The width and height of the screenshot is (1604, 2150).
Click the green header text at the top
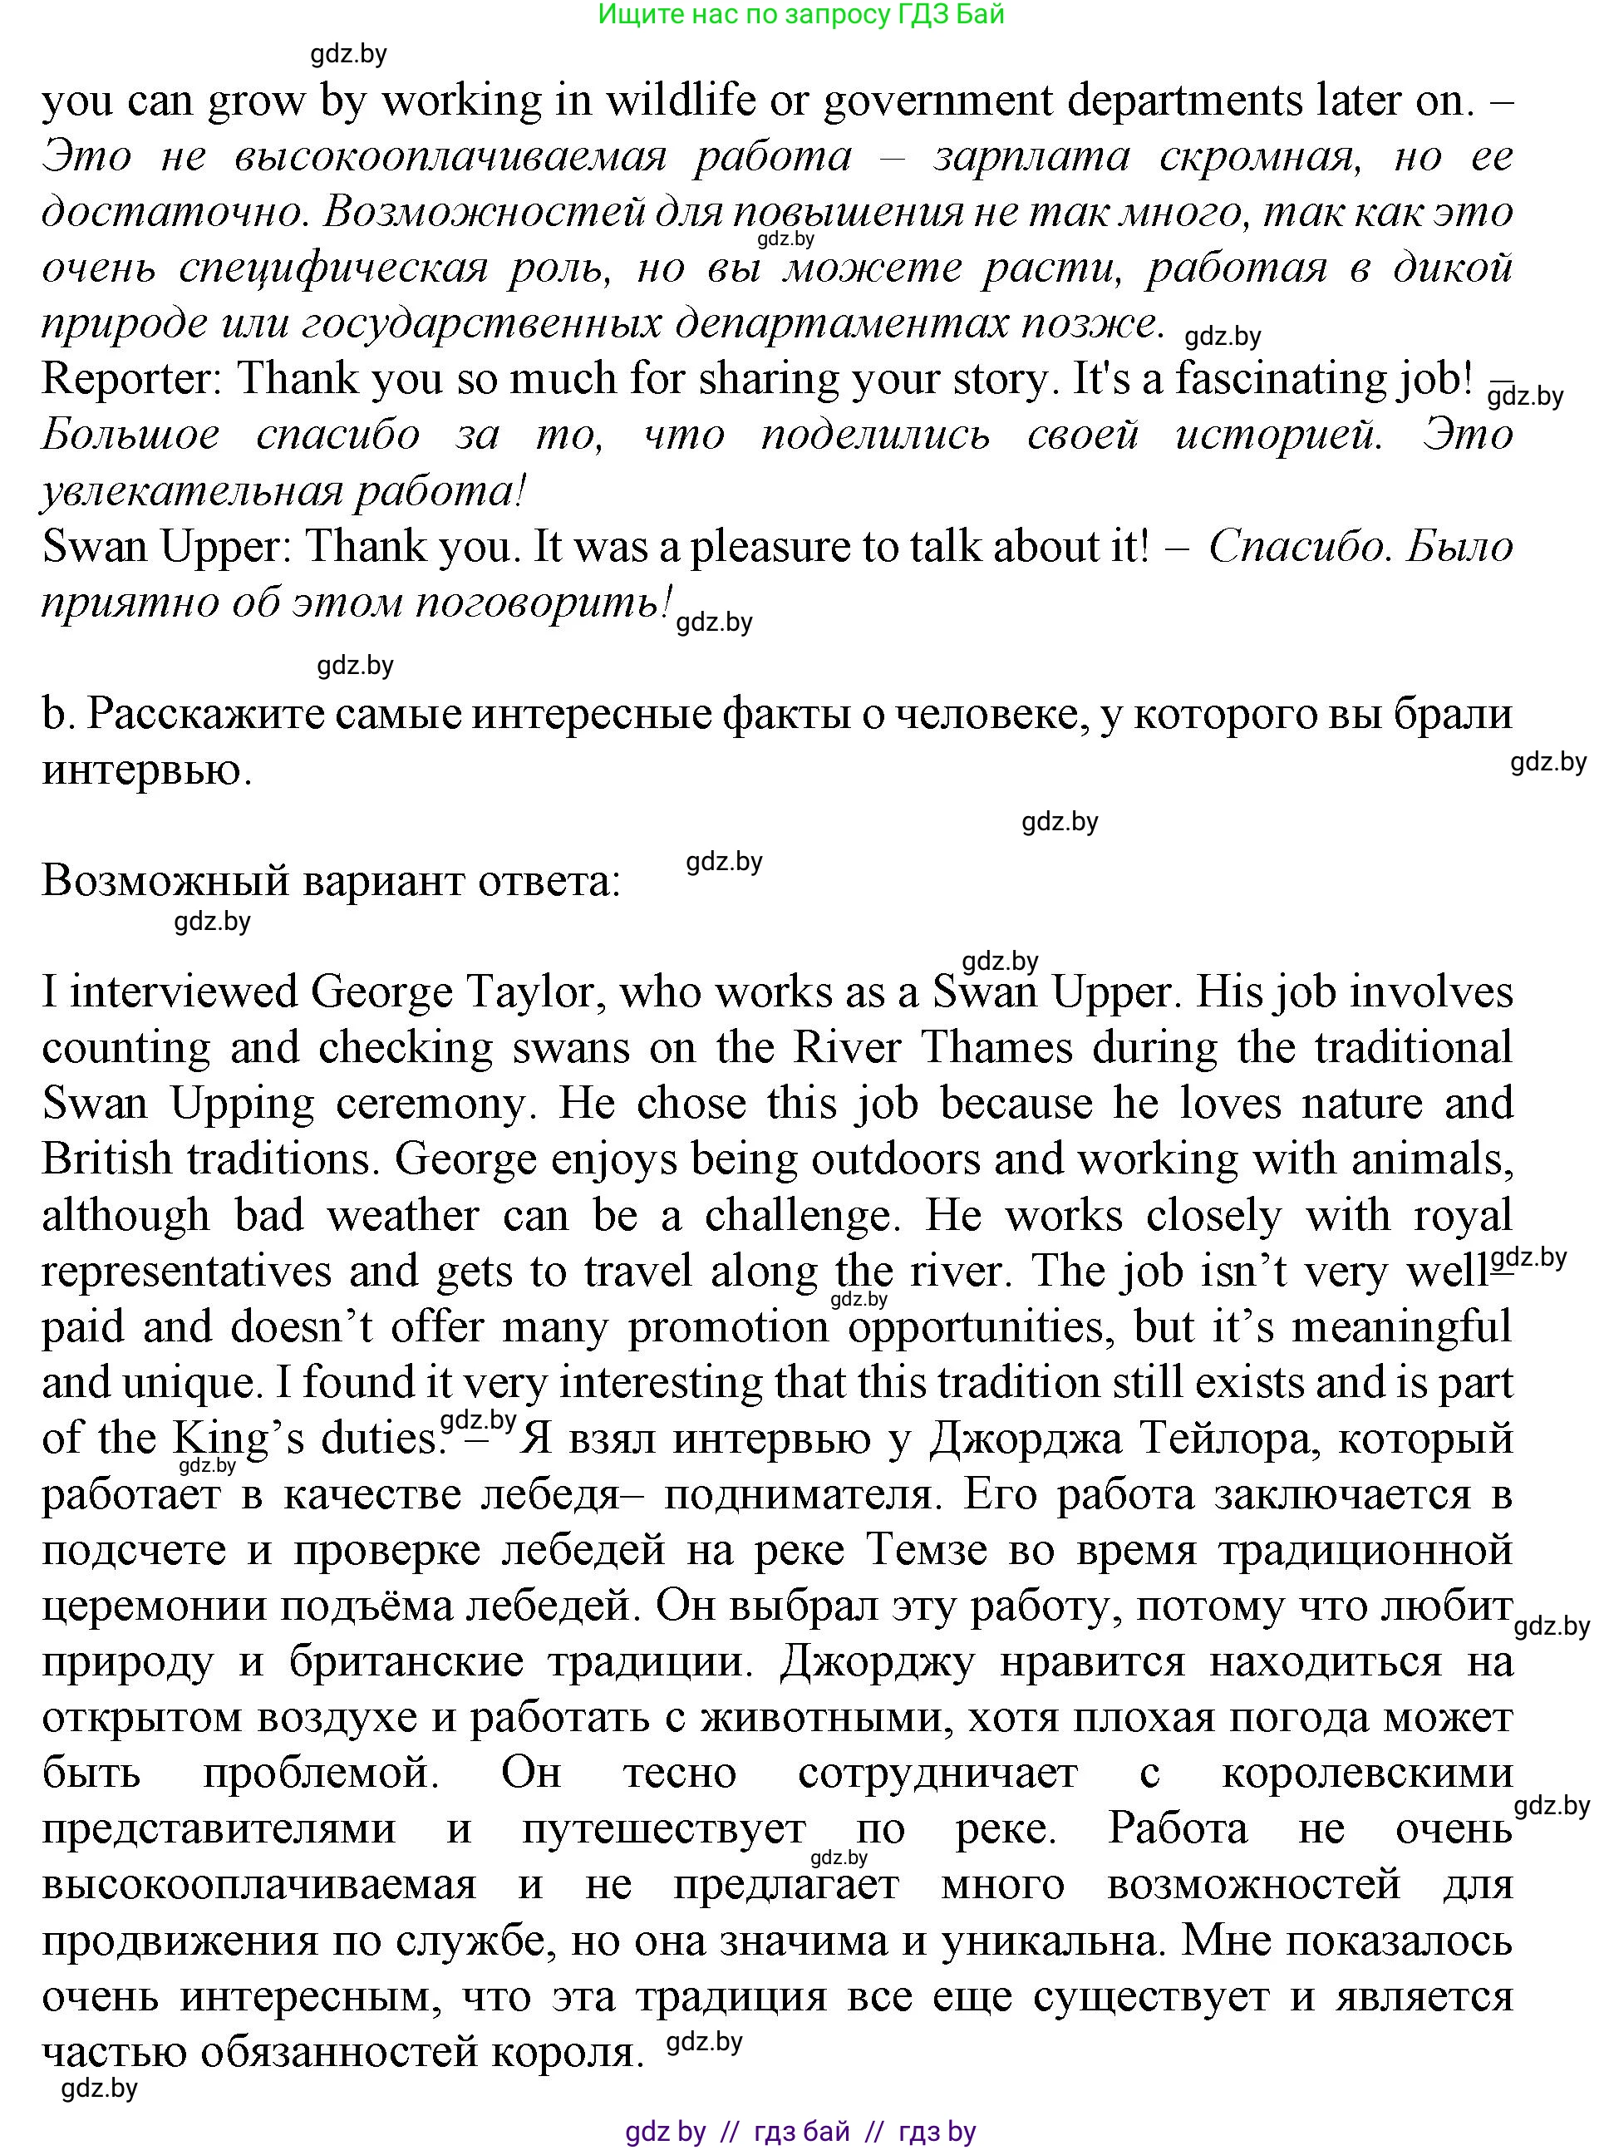pos(801,15)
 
